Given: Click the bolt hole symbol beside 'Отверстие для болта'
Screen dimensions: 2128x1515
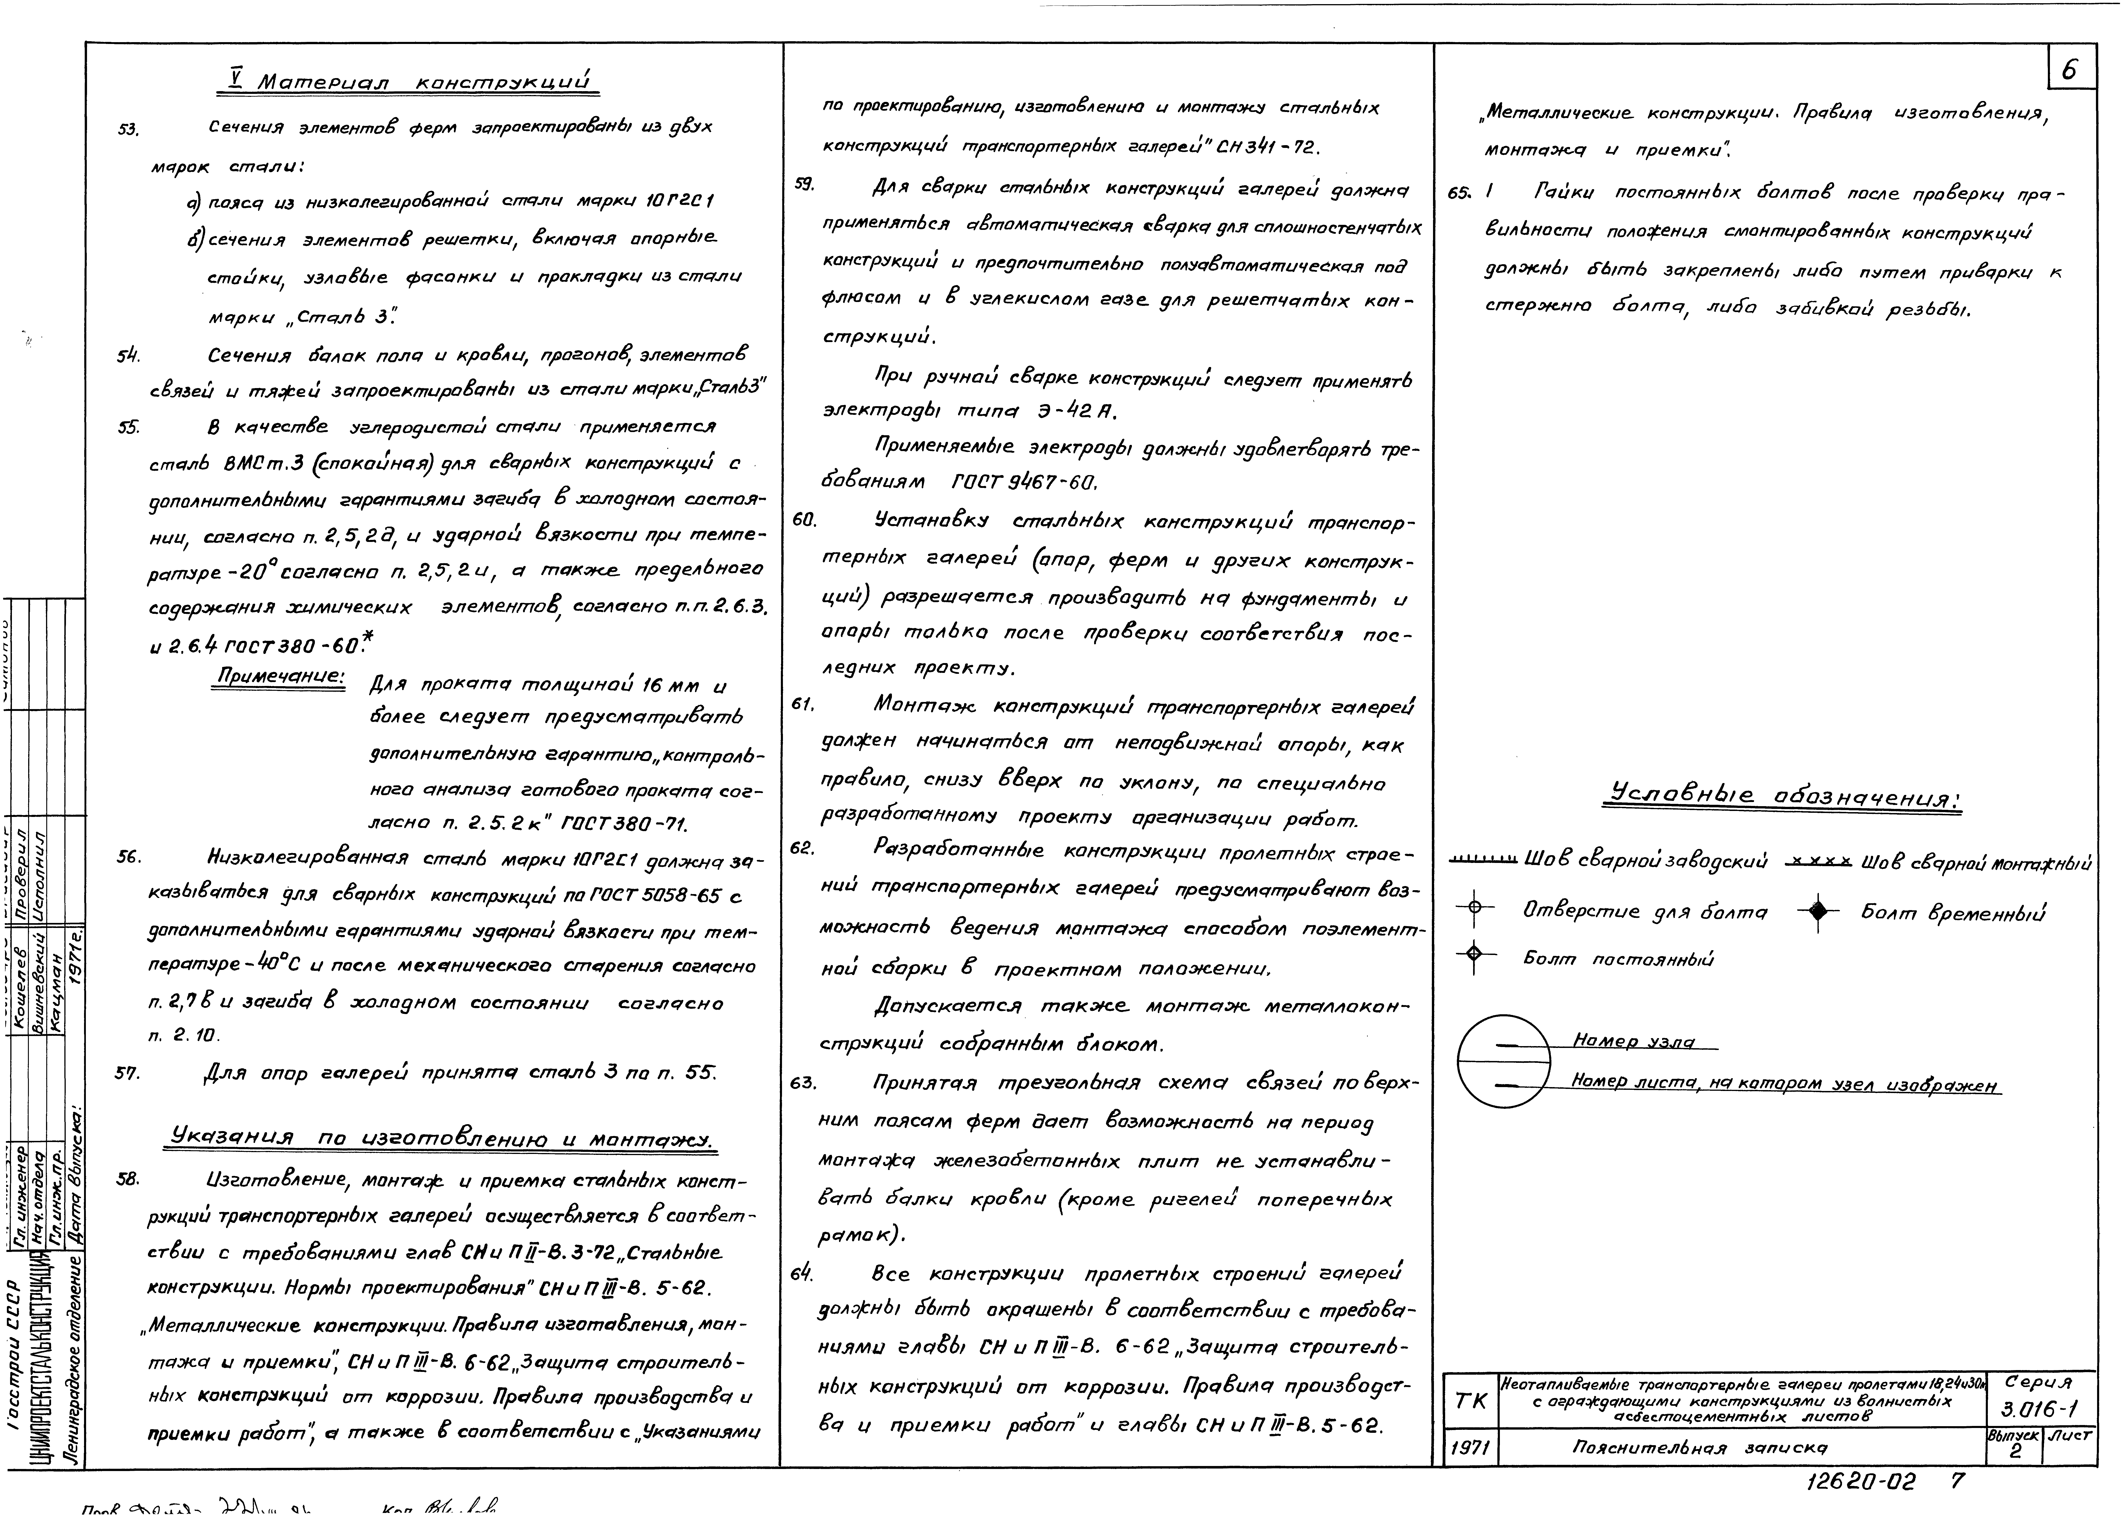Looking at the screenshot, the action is pos(1474,908).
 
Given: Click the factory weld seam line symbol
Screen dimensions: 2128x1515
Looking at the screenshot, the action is pos(1483,859).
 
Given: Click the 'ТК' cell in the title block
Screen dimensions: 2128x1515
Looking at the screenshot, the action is pos(1471,1401).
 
